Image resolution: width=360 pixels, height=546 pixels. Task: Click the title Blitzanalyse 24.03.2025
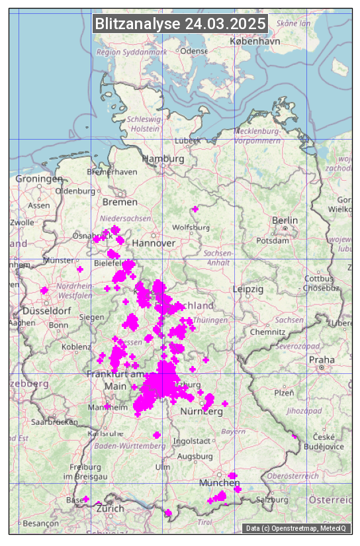(x=180, y=24)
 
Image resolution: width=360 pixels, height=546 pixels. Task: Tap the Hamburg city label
(x=163, y=159)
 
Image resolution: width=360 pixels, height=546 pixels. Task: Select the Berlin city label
(x=285, y=220)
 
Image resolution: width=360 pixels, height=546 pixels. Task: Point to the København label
(x=255, y=41)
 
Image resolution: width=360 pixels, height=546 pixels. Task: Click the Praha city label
(x=322, y=359)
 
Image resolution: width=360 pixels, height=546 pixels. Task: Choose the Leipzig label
(x=248, y=289)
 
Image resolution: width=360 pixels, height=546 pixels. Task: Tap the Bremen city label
(x=120, y=201)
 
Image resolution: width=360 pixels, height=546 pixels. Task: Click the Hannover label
(x=154, y=243)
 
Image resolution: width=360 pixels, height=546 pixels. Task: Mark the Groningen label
(x=39, y=179)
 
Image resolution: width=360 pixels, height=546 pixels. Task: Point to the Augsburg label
(x=195, y=456)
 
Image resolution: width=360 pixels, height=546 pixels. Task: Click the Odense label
(x=194, y=50)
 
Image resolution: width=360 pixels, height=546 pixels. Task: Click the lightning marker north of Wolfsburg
(x=195, y=209)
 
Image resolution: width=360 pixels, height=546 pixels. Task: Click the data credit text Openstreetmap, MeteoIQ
(x=296, y=528)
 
